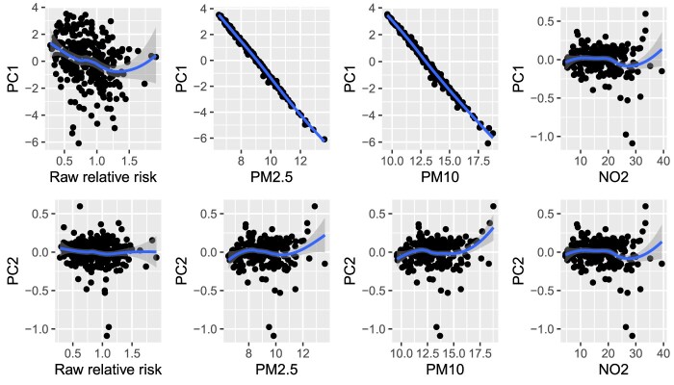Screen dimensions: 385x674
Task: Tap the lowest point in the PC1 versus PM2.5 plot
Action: pyautogui.click(x=324, y=139)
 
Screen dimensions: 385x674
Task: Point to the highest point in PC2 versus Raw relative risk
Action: pyautogui.click(x=80, y=206)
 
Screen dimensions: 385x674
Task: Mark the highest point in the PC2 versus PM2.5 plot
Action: pyautogui.click(x=314, y=206)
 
